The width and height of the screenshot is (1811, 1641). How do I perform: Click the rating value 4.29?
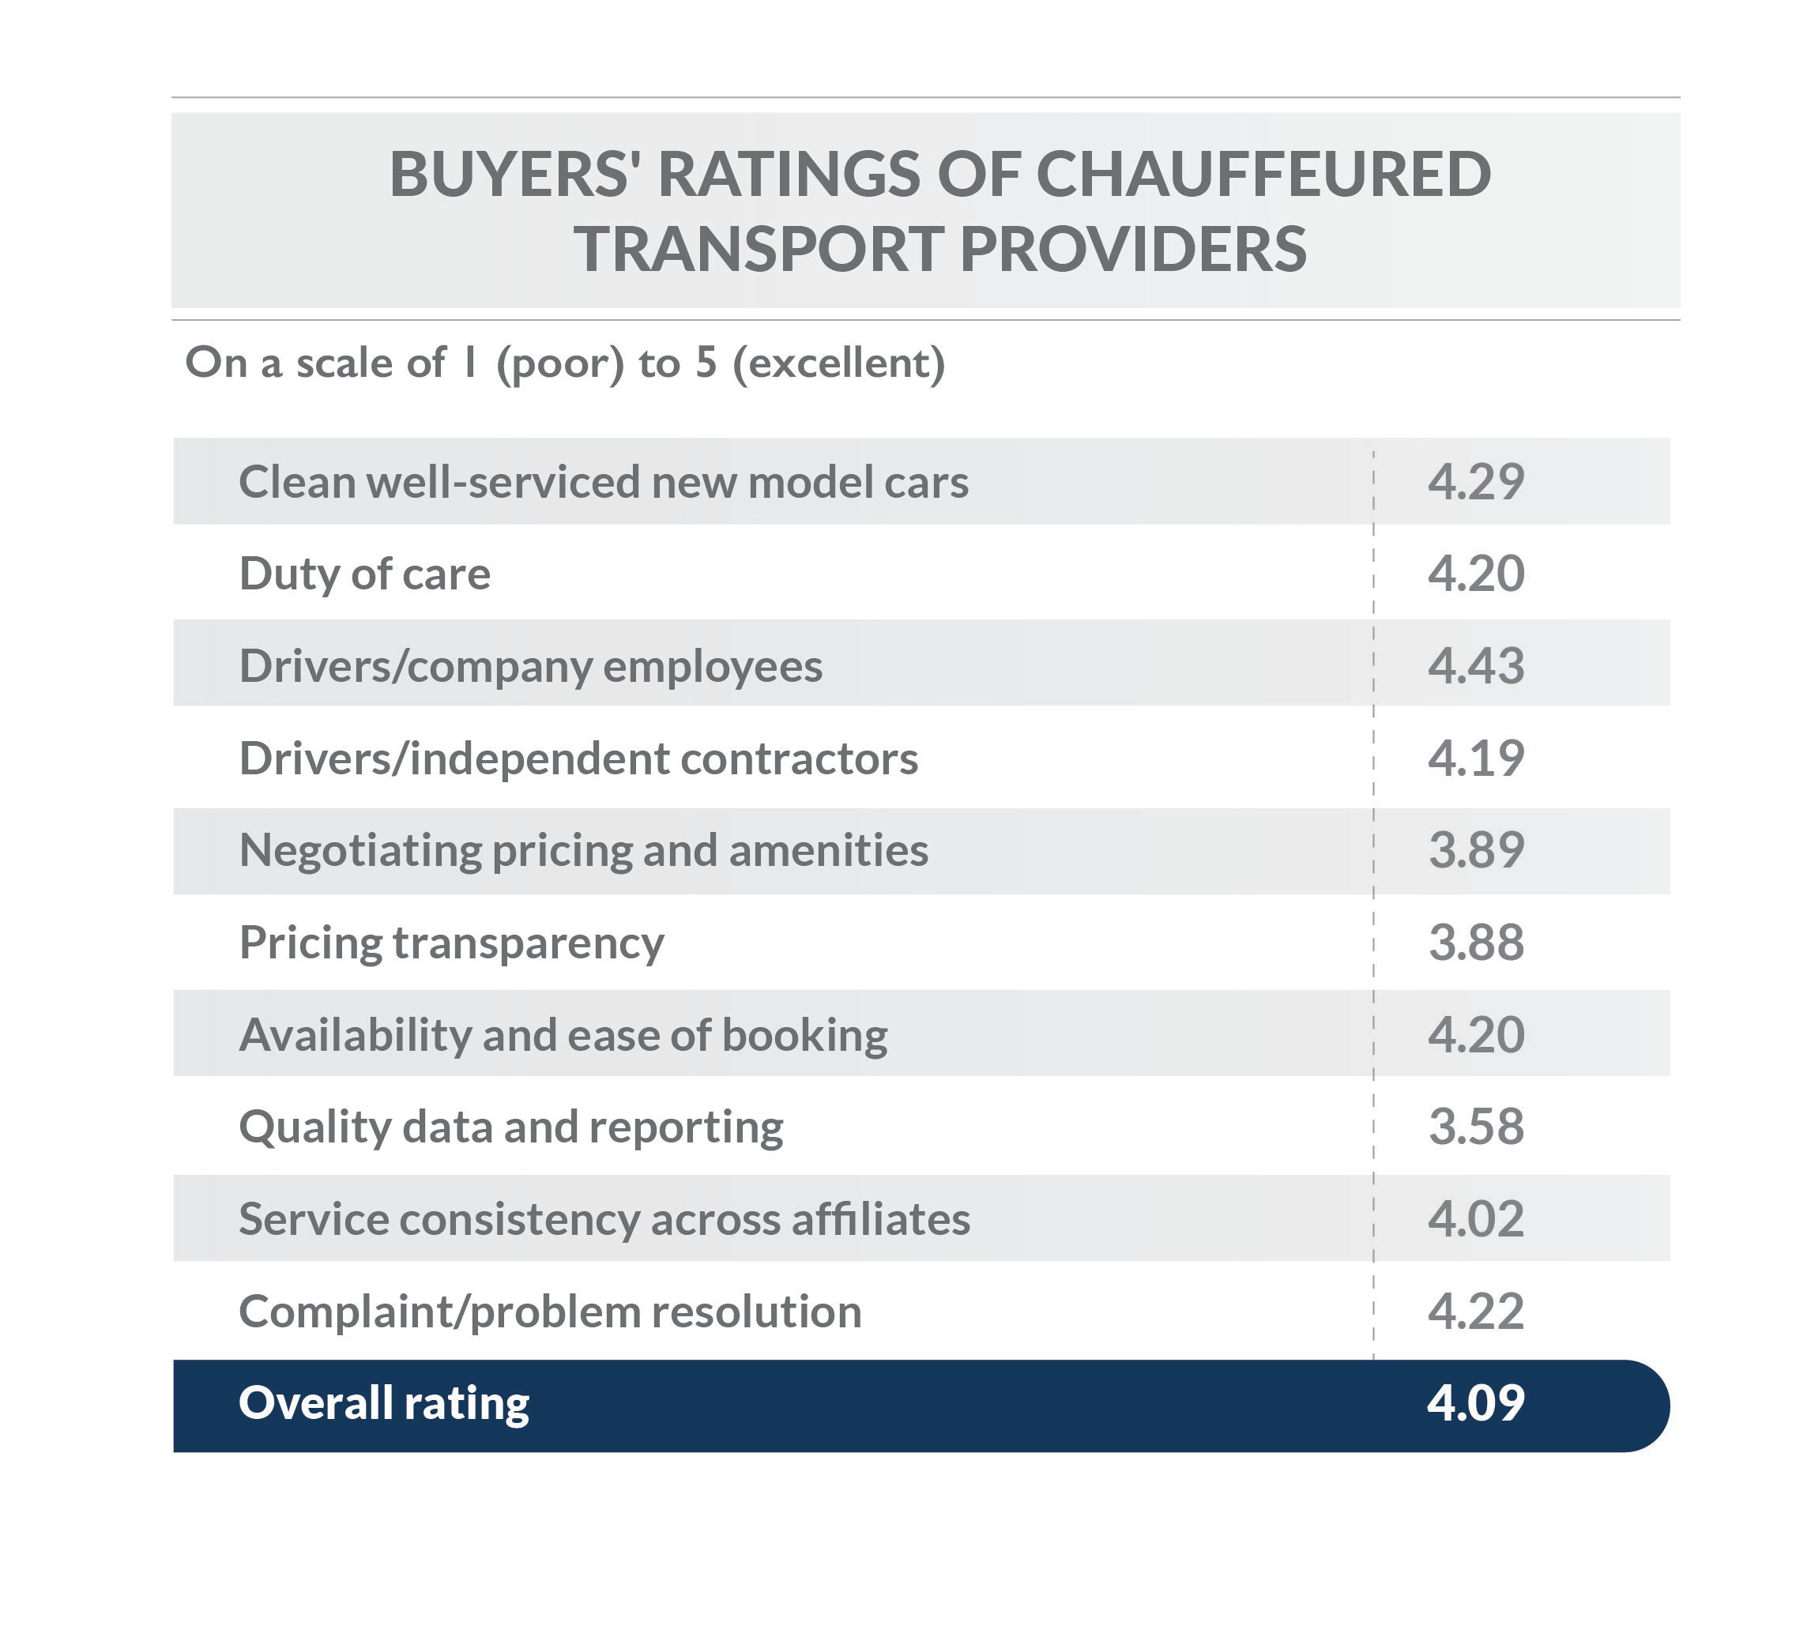1476,481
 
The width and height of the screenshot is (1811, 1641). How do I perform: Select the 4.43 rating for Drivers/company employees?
1476,665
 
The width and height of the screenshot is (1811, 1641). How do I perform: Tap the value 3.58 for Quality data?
1476,1127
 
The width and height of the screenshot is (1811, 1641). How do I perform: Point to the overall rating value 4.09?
1476,1403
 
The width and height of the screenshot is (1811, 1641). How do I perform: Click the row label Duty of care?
365,574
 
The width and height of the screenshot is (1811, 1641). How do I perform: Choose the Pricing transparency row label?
451,943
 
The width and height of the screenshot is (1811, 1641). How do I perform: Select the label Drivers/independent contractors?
578,758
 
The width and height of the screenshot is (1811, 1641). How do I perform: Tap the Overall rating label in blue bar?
383,1403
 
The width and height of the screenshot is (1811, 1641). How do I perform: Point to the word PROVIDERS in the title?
1133,249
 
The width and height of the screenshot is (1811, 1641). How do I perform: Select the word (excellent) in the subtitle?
839,363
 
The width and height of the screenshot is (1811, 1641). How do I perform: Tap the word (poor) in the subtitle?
559,363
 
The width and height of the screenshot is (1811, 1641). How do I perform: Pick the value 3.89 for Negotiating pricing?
1476,851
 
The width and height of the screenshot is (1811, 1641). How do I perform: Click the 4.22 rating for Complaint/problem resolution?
1476,1312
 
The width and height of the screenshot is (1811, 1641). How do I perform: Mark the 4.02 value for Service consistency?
1476,1219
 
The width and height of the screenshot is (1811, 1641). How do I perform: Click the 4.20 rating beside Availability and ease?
1476,1035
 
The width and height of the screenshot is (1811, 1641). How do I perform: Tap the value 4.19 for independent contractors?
1476,758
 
